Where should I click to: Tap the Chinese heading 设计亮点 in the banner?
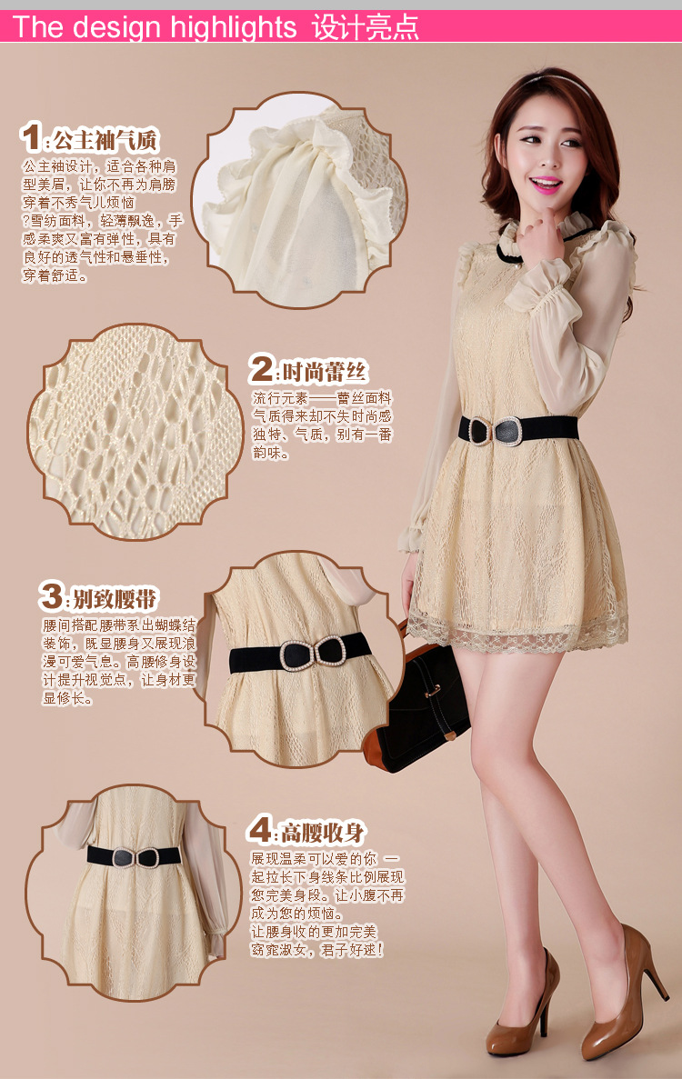tap(366, 27)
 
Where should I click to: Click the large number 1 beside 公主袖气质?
tap(31, 136)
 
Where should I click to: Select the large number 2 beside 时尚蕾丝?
tap(261, 369)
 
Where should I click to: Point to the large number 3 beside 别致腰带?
tap(51, 596)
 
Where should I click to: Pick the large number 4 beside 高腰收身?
tap(260, 829)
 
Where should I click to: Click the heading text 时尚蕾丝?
tap(325, 373)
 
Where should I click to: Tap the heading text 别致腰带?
tap(115, 599)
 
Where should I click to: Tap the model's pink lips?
tap(545, 184)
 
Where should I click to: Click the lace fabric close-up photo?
tap(135, 433)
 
